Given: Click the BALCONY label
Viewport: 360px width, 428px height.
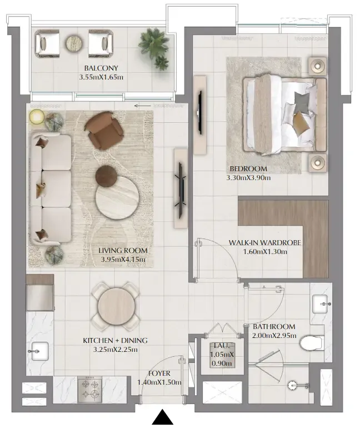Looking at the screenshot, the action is pyautogui.click(x=101, y=68).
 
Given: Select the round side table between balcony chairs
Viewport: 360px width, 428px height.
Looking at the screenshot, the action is pyautogui.click(x=74, y=43).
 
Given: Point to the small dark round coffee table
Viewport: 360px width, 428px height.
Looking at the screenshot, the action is pyautogui.click(x=106, y=176).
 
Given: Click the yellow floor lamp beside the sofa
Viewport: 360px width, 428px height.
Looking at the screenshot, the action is pyautogui.click(x=37, y=117).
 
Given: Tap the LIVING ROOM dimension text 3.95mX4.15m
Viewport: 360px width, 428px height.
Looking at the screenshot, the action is pyautogui.click(x=123, y=260).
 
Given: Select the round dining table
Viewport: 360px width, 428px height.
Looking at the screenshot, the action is pyautogui.click(x=116, y=306).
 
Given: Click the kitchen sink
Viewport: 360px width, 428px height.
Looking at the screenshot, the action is pyautogui.click(x=40, y=351).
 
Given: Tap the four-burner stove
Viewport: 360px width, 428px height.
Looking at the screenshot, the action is pyautogui.click(x=90, y=390).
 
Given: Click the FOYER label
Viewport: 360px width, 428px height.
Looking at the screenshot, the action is pyautogui.click(x=159, y=373).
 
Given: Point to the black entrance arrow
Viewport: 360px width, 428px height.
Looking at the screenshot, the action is pyautogui.click(x=163, y=417).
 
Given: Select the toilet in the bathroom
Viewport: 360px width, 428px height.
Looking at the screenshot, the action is pyautogui.click(x=311, y=343).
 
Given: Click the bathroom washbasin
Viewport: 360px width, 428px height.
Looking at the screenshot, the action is pyautogui.click(x=322, y=304).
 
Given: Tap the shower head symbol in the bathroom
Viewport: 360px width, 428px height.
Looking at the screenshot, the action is pyautogui.click(x=293, y=385).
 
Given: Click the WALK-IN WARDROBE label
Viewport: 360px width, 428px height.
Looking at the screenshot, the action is pyautogui.click(x=265, y=243).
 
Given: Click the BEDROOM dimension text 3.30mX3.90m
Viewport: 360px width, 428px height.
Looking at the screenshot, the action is pyautogui.click(x=248, y=178).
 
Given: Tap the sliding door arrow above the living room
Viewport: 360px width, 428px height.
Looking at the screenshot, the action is pyautogui.click(x=142, y=106).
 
